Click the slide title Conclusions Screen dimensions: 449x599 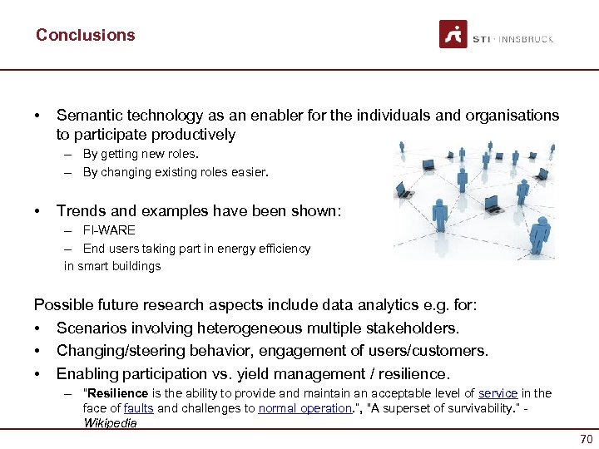[x=85, y=35]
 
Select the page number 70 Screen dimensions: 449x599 [x=585, y=440]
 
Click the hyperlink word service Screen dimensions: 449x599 [x=498, y=393]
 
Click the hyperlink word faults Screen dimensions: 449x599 [x=138, y=408]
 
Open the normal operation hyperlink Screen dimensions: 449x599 [x=304, y=408]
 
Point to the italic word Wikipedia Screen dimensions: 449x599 [x=110, y=422]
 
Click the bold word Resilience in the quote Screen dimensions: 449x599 [x=117, y=393]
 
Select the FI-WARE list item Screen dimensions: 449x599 [x=109, y=229]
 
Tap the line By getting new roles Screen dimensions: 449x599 [x=141, y=154]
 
